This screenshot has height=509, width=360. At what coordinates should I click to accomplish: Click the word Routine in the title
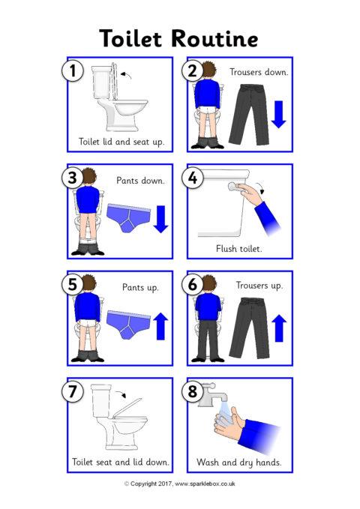214,39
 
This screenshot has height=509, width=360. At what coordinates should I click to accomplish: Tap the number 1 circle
73,70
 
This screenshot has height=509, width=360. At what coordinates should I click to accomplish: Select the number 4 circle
193,178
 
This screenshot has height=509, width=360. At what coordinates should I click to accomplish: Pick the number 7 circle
73,391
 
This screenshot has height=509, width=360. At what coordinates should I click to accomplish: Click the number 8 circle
193,391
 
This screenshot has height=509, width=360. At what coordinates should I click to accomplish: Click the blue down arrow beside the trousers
278,114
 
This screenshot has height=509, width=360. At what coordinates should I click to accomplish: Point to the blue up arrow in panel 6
279,328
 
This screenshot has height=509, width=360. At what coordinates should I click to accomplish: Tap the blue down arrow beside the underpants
160,219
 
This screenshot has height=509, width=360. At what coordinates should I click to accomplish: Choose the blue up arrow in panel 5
160,326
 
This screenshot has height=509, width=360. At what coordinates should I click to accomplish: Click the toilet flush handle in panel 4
235,187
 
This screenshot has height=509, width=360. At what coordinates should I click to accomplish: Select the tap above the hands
213,395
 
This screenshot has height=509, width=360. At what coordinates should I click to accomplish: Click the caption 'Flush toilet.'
238,249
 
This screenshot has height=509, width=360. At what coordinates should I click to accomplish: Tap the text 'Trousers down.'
259,72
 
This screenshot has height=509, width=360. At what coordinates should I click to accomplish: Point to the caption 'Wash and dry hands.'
239,463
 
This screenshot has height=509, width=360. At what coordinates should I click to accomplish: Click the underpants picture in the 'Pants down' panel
129,217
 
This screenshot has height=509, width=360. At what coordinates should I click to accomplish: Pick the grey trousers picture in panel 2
249,115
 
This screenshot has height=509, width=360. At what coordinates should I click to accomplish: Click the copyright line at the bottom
180,484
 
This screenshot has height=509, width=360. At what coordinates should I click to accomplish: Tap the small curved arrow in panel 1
127,75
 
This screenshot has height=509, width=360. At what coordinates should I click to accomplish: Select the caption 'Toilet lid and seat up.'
121,142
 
